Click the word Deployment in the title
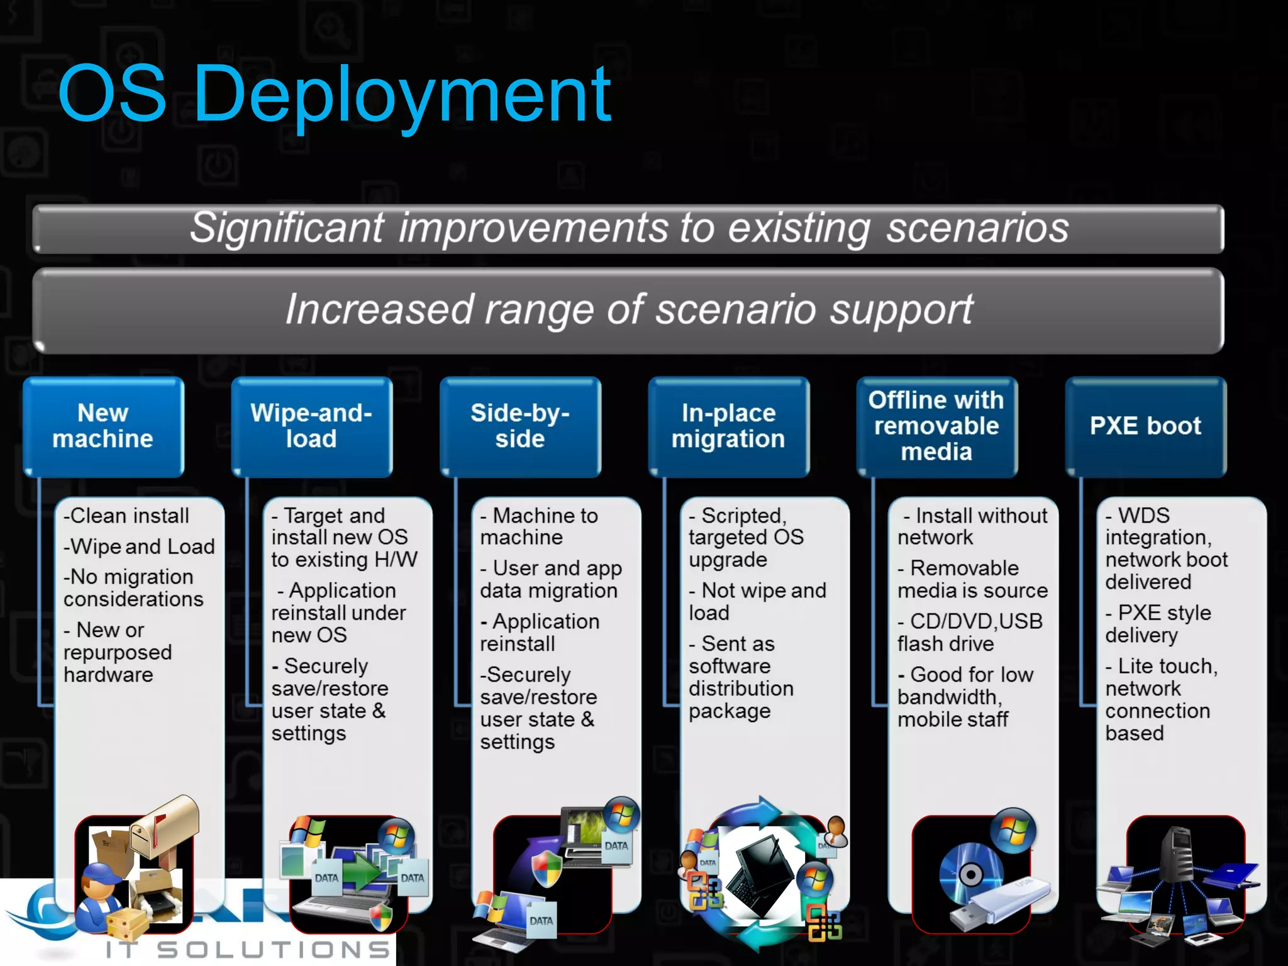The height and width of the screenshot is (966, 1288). click(x=402, y=94)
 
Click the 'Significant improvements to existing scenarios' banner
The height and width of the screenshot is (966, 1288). click(x=629, y=228)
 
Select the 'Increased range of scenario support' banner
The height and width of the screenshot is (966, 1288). click(x=629, y=309)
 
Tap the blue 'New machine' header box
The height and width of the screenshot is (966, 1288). click(x=103, y=426)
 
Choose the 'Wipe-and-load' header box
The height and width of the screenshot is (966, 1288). click(x=311, y=426)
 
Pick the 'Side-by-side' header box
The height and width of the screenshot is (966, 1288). click(x=520, y=426)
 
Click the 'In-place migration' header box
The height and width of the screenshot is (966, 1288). click(x=728, y=426)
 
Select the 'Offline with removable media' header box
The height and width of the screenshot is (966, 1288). click(x=936, y=426)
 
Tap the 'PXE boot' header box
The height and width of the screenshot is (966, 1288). click(x=1145, y=426)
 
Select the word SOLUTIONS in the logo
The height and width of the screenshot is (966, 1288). click(x=274, y=950)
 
